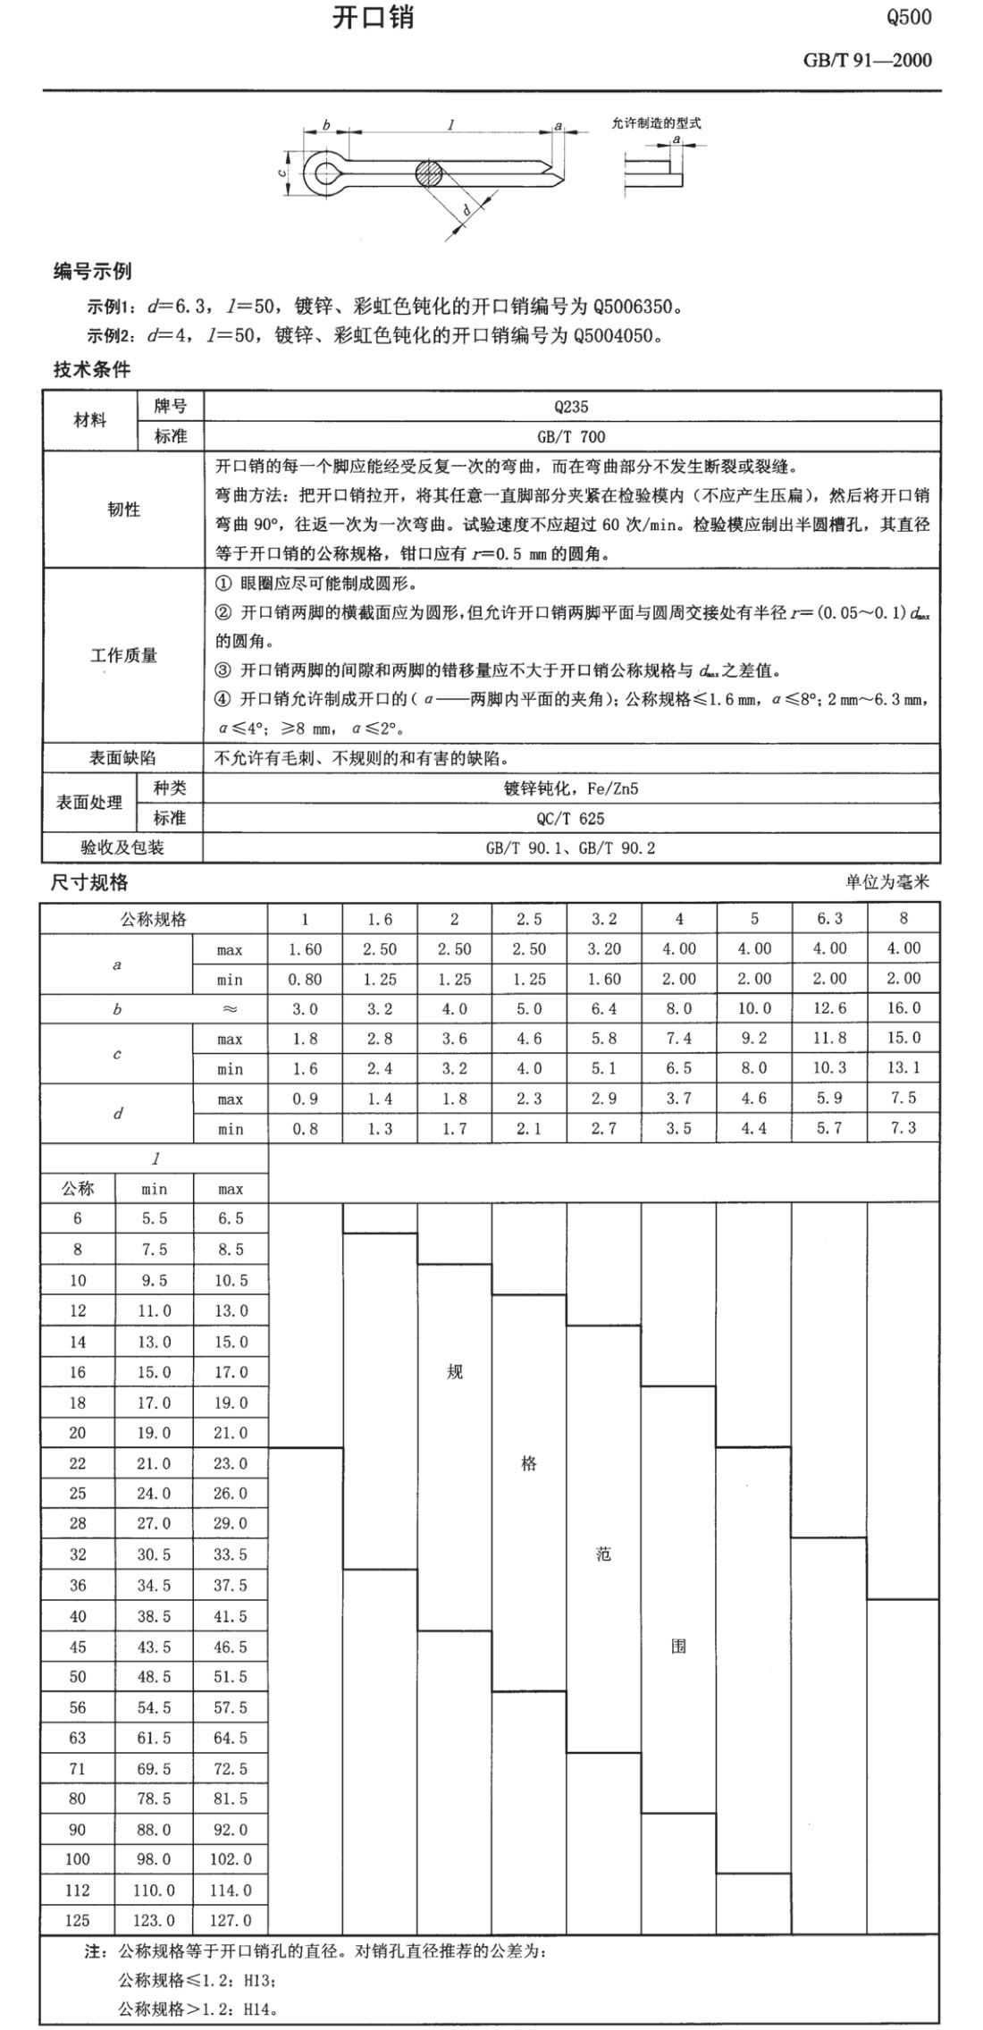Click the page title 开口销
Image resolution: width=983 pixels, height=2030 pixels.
pyautogui.click(x=373, y=19)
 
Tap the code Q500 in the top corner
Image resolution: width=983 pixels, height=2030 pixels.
pyautogui.click(x=908, y=18)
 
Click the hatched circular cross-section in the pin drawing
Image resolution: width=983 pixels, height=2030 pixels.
pyautogui.click(x=428, y=173)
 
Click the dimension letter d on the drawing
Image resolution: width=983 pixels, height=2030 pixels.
pyautogui.click(x=466, y=211)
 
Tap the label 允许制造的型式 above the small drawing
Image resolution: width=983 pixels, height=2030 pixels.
pyautogui.click(x=656, y=123)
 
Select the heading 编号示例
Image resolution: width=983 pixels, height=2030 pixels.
pyautogui.click(x=92, y=272)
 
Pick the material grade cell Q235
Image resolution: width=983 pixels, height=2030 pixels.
pyautogui.click(x=571, y=407)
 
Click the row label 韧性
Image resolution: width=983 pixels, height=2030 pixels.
pyautogui.click(x=123, y=510)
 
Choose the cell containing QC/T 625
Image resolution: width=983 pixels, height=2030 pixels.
pyautogui.click(x=571, y=818)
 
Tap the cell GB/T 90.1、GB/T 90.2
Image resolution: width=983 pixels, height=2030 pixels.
pyautogui.click(x=571, y=847)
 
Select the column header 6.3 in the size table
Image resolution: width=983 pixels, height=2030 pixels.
pyautogui.click(x=828, y=919)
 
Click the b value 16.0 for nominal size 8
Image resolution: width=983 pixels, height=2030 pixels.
pyautogui.click(x=903, y=1008)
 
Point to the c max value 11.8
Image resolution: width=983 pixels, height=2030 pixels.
pyautogui.click(x=828, y=1038)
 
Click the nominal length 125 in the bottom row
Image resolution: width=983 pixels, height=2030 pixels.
pyautogui.click(x=78, y=1920)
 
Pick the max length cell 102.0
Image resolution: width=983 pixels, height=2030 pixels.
pyautogui.click(x=231, y=1859)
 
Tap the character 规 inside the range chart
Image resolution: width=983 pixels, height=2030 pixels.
pyautogui.click(x=455, y=1371)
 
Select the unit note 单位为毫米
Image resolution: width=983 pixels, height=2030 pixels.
pyautogui.click(x=887, y=882)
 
